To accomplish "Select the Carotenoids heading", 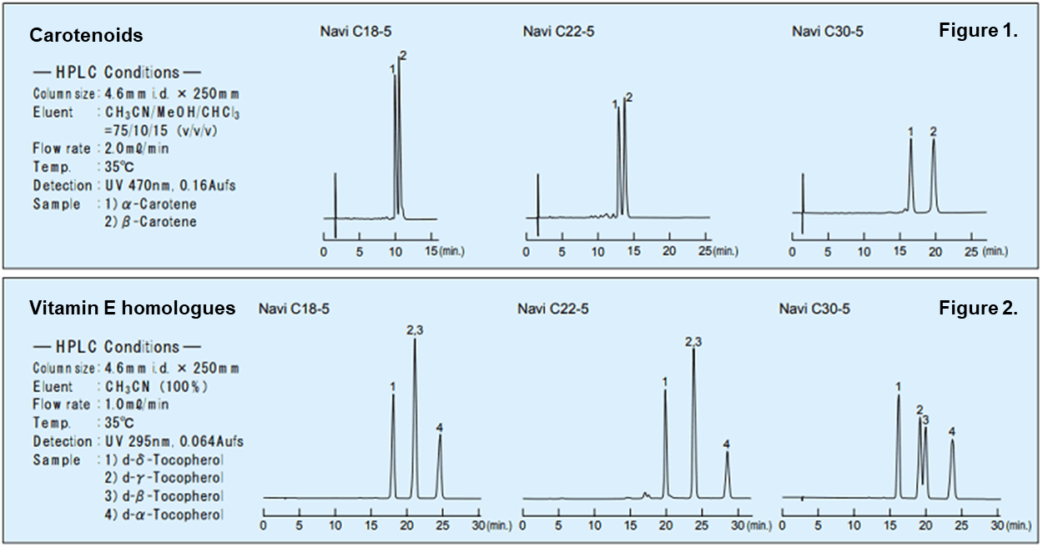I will (86, 36).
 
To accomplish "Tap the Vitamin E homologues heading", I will (132, 309).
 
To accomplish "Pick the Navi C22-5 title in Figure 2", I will (553, 309).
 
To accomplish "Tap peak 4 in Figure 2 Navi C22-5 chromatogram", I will (727, 467).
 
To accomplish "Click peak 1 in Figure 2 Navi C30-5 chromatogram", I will (898, 417).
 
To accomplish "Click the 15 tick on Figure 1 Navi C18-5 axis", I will (431, 250).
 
